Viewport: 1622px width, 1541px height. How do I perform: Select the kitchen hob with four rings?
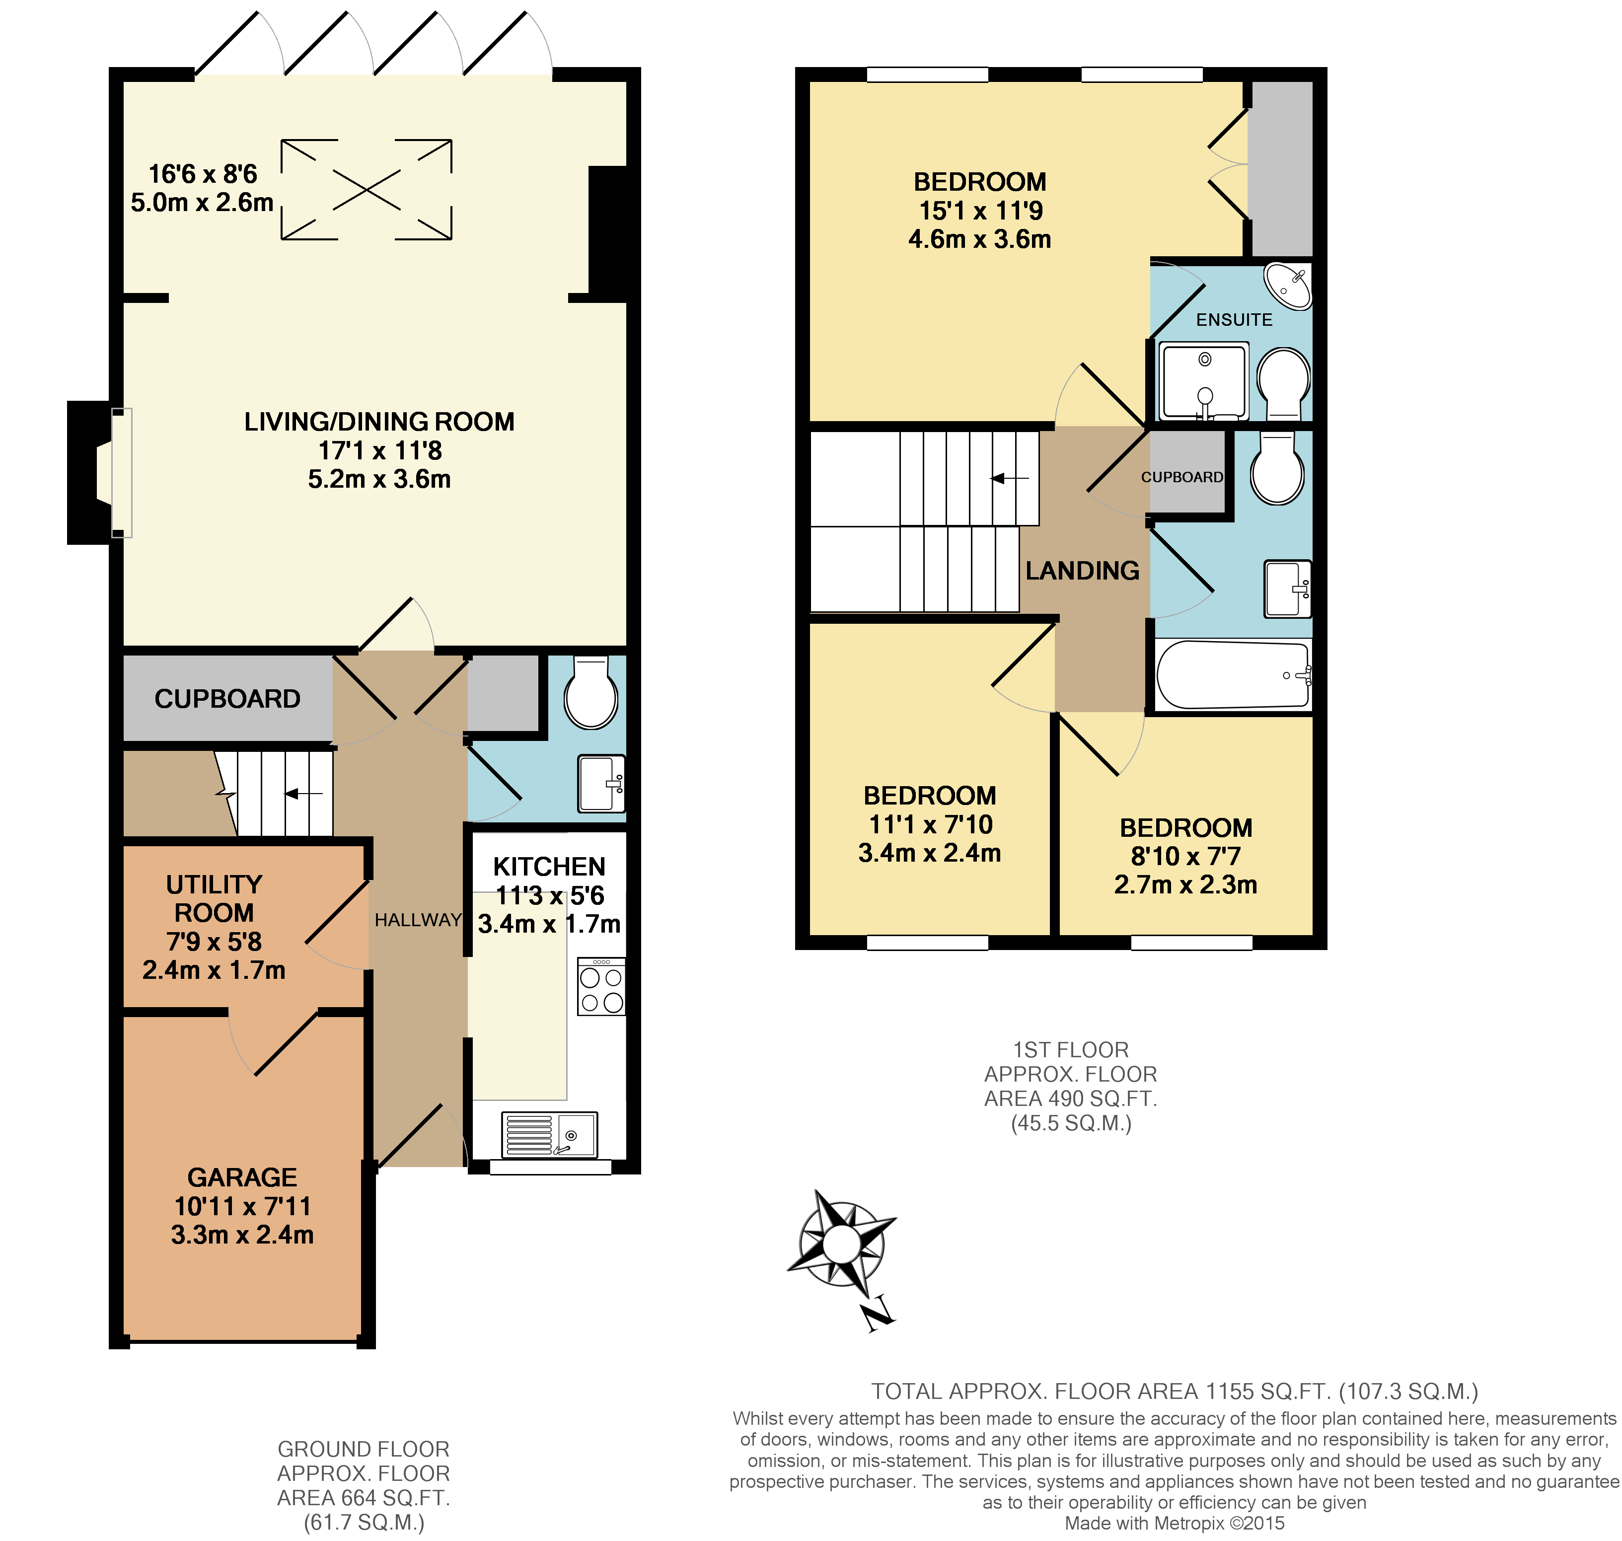601,989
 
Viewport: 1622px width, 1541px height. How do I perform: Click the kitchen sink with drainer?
549,1134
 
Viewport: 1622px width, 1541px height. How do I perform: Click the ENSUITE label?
1234,319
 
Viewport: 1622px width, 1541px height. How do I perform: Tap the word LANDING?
1082,570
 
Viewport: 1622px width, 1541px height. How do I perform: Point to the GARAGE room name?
242,1177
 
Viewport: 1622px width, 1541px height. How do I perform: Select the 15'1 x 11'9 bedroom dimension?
980,210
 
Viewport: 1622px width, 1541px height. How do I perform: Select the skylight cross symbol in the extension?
367,190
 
